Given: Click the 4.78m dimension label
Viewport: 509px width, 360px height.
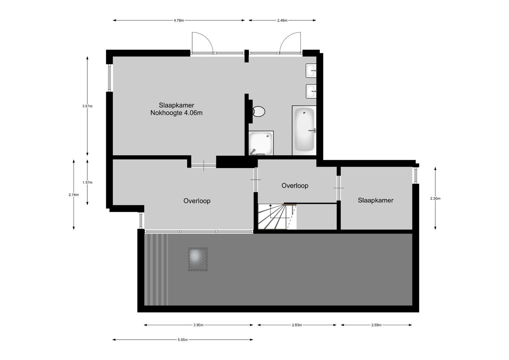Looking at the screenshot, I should [179, 20].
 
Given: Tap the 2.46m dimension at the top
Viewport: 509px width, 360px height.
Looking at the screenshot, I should [282, 20].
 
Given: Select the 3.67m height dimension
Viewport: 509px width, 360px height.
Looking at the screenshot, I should [87, 106].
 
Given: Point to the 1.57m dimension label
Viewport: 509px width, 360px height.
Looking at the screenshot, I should [87, 182].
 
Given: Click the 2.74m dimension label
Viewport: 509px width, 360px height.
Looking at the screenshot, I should [74, 195].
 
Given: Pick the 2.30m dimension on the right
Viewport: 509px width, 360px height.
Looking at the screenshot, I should [435, 199].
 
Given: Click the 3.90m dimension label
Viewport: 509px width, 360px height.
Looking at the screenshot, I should [199, 325].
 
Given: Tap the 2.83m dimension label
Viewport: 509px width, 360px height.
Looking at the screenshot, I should [297, 325].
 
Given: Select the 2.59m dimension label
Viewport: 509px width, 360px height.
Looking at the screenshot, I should [376, 325].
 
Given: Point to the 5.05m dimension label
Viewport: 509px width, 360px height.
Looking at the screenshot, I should [183, 340].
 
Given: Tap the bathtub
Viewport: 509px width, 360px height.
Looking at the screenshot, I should [304, 130].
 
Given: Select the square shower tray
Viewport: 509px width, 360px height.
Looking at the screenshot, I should [261, 143].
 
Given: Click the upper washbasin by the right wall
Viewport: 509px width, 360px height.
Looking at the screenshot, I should [311, 70].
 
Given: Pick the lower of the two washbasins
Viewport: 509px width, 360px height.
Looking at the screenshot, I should [311, 91].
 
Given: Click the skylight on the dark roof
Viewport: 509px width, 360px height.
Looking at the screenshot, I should [198, 259].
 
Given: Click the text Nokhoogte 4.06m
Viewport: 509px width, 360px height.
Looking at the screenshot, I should [176, 113].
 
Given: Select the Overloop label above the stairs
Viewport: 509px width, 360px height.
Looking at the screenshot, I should [295, 186].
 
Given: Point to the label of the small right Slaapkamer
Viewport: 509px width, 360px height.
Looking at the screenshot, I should [375, 200].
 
